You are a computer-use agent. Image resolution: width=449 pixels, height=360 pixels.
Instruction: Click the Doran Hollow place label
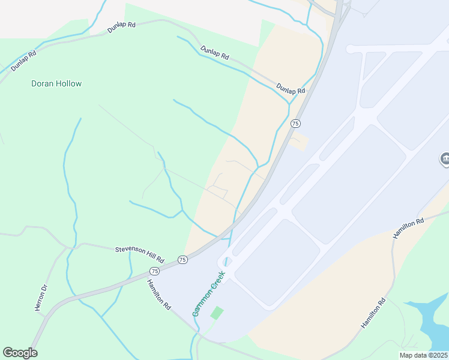(x=56, y=84)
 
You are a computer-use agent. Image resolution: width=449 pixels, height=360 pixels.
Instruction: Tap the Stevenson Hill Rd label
(x=139, y=249)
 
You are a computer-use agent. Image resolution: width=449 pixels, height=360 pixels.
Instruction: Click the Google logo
(x=20, y=353)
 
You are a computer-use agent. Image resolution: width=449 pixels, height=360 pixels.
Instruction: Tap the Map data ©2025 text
(x=423, y=355)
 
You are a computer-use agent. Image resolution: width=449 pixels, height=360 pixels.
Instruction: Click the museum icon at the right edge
(x=445, y=160)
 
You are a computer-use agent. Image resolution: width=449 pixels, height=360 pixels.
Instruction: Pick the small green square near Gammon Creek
(x=217, y=313)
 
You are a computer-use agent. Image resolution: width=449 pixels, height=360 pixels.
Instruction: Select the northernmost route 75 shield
(x=295, y=123)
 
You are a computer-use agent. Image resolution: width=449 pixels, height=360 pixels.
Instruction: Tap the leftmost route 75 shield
(x=155, y=271)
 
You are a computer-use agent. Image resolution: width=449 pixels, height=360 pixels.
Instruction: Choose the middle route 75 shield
(x=182, y=259)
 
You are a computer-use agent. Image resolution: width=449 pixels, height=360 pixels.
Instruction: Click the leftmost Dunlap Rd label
(x=24, y=61)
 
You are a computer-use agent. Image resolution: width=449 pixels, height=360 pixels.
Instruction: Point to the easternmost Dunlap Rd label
(x=291, y=89)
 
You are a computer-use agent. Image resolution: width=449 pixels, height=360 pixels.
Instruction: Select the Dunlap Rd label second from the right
(x=215, y=53)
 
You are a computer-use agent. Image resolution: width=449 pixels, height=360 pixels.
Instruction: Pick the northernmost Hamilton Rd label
(x=409, y=229)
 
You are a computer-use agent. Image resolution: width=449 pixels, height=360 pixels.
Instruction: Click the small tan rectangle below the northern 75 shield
(x=298, y=143)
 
